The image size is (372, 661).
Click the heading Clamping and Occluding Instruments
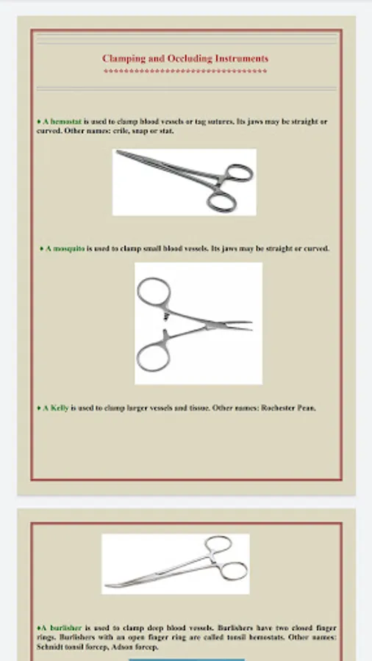185,58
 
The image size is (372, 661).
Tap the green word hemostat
66,121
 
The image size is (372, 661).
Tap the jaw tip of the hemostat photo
118,152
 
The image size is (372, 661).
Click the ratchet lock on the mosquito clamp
167,315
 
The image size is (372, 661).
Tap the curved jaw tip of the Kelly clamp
108,585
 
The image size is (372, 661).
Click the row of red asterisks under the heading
185,71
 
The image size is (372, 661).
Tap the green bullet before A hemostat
39,121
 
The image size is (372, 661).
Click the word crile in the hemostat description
121,131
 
